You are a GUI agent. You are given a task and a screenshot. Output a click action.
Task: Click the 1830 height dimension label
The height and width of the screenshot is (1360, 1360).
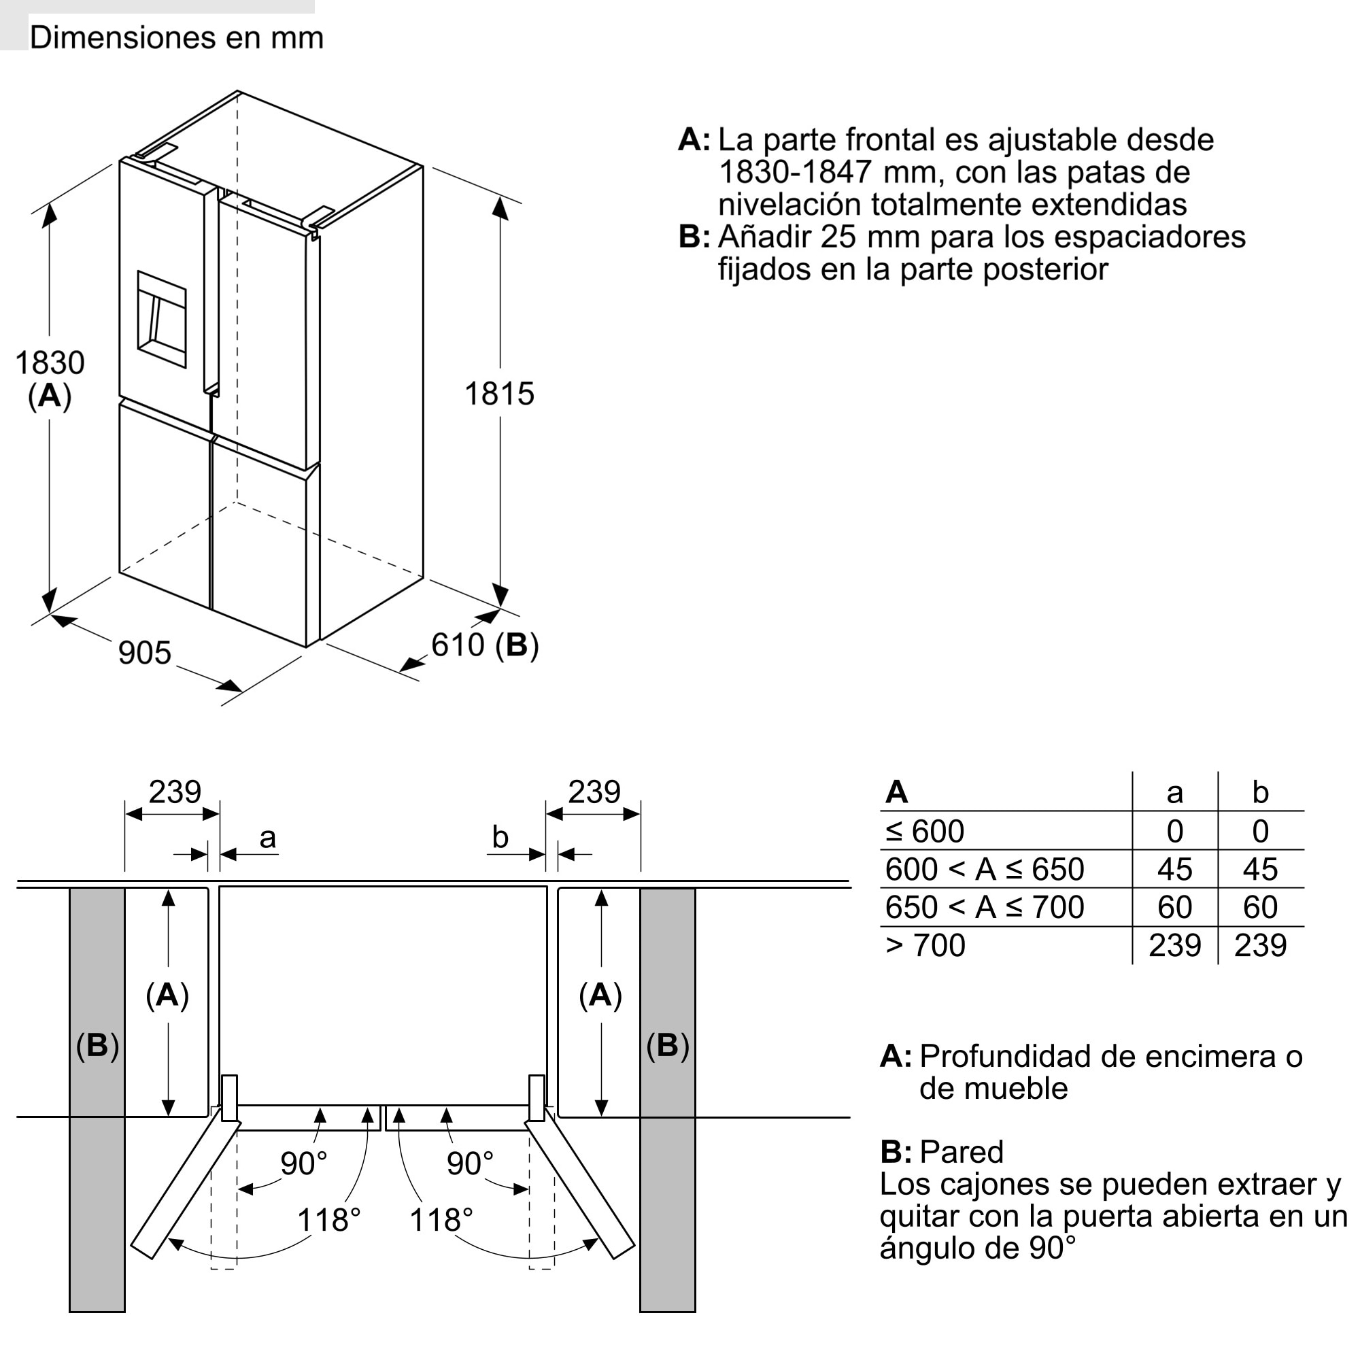click(50, 363)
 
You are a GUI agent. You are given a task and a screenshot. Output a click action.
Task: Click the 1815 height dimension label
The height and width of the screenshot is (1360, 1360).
click(499, 394)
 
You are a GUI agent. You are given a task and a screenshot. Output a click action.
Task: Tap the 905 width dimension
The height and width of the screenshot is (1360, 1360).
click(144, 653)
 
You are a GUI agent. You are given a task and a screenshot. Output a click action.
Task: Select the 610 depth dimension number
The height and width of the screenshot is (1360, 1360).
click(458, 645)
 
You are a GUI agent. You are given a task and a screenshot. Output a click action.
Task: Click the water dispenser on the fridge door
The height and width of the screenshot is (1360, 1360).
click(162, 319)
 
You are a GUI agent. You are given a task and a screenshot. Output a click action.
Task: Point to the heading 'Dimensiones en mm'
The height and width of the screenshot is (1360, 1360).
click(177, 37)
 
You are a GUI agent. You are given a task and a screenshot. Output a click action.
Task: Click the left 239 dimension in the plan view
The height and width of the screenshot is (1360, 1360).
click(175, 793)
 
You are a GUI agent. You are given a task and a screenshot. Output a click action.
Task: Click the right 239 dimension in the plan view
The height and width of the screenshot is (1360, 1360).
click(594, 793)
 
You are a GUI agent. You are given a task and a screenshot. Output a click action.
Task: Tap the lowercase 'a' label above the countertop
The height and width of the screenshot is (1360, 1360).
click(267, 838)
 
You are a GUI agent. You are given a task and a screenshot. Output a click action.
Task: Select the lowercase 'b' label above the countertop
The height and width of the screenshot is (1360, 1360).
click(500, 838)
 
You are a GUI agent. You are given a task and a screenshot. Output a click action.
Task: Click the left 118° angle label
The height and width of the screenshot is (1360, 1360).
click(328, 1220)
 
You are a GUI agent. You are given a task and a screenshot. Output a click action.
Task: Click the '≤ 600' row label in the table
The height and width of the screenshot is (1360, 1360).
click(925, 832)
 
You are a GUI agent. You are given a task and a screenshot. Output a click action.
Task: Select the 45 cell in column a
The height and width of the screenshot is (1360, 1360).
click(1174, 869)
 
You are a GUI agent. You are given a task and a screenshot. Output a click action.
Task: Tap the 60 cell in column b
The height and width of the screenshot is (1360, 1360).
click(1260, 907)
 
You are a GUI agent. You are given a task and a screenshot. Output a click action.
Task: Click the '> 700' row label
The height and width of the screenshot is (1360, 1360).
click(925, 945)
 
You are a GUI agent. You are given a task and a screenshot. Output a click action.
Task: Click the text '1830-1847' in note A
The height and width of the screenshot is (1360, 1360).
click(796, 173)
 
